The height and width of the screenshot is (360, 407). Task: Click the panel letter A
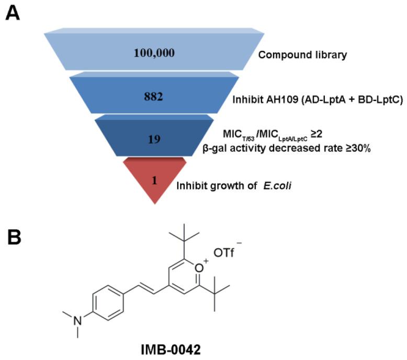coord(14,12)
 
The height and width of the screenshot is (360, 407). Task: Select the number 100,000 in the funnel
coord(154,53)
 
